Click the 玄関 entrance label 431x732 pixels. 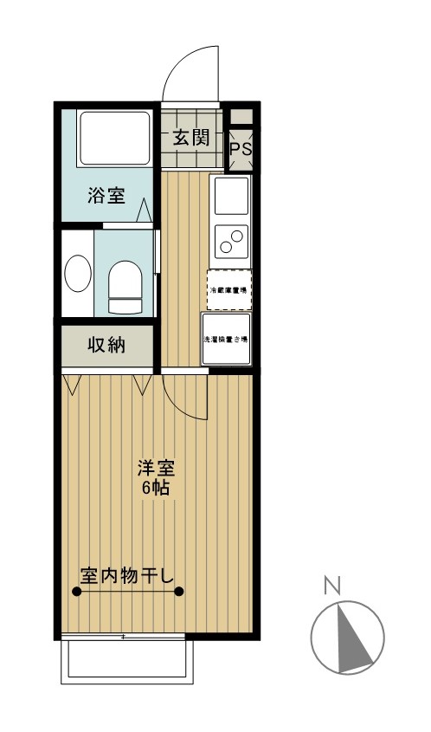pos(190,138)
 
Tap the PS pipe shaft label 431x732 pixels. pos(241,148)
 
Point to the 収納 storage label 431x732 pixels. pos(106,345)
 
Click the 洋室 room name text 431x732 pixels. pos(157,469)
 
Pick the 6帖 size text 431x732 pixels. pos(156,488)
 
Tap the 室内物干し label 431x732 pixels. pos(127,574)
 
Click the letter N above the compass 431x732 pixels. pos(331,586)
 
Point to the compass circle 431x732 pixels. pos(347,637)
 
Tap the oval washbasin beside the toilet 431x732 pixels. pos(77,275)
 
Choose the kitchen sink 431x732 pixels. pos(231,196)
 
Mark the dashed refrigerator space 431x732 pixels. pos(228,289)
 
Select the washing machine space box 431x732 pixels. pos(227,339)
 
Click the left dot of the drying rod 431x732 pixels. pos(77,593)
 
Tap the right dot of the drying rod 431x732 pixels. pos(179,593)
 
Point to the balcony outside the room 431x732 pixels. pos(125,662)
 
